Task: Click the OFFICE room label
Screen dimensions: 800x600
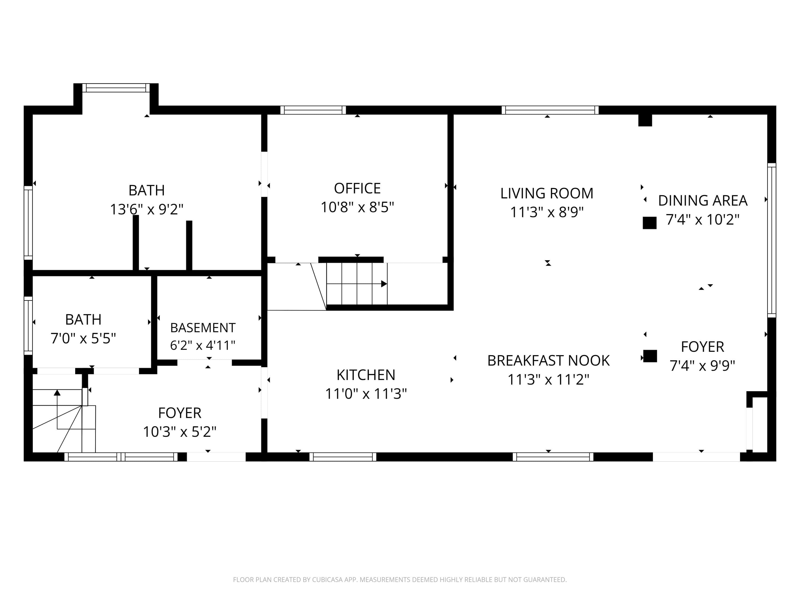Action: (357, 189)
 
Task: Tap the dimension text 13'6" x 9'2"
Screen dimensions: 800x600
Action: (146, 209)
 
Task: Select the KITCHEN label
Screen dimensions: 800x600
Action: (366, 375)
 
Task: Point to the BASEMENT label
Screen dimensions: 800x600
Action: (203, 328)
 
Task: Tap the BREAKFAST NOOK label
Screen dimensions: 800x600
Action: (548, 361)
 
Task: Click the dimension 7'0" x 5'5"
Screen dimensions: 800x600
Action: (83, 338)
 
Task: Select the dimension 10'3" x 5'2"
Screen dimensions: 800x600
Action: (180, 431)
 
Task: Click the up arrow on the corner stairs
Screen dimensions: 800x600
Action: (57, 393)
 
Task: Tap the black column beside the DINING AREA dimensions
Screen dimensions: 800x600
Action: (650, 223)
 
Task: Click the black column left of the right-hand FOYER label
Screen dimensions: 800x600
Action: (650, 356)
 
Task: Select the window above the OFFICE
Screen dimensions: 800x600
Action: (313, 110)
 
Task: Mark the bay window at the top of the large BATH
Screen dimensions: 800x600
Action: (116, 88)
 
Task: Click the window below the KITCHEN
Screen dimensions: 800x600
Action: (343, 457)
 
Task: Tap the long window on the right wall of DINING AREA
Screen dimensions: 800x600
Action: (771, 241)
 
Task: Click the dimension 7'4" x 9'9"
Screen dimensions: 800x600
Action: (702, 366)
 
